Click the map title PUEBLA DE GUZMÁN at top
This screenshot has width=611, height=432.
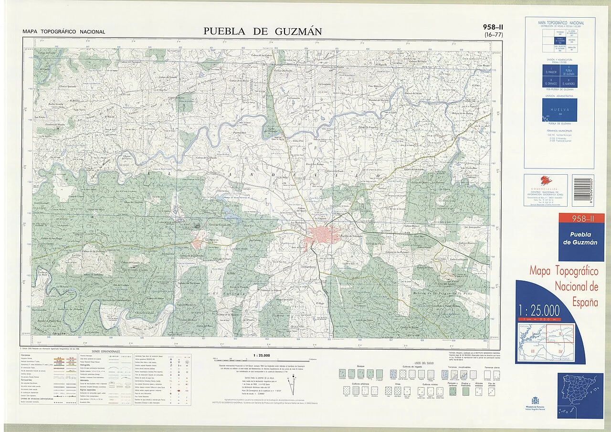click(x=263, y=32)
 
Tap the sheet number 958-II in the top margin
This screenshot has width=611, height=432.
click(x=493, y=27)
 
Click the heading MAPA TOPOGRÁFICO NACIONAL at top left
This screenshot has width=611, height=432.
click(x=63, y=32)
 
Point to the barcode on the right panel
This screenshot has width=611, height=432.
click(x=583, y=190)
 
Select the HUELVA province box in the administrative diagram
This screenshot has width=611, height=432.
click(x=559, y=109)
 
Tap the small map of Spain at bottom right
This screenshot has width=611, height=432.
click(x=580, y=396)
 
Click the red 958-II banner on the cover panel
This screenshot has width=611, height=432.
click(x=581, y=219)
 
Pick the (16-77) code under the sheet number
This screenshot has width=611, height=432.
click(x=493, y=34)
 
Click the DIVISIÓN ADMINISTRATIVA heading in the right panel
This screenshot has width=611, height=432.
click(x=559, y=96)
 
